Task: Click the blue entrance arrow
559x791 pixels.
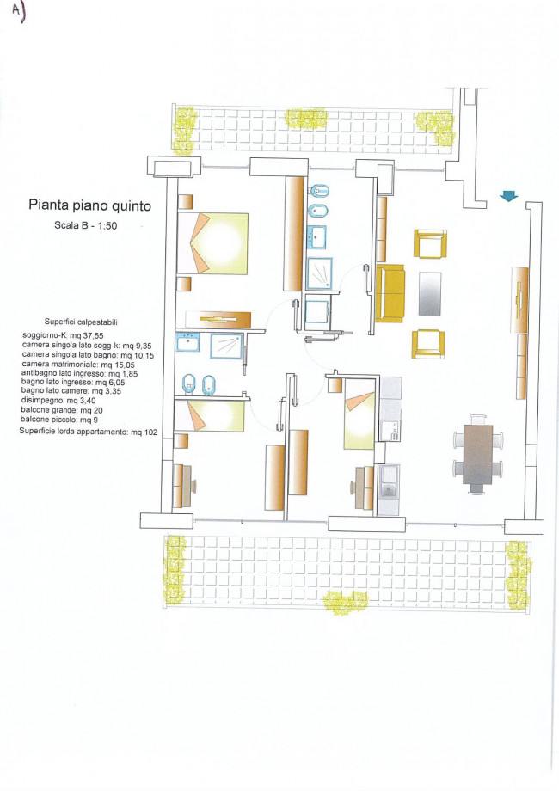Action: click(509, 196)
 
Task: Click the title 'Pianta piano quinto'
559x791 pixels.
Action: click(89, 205)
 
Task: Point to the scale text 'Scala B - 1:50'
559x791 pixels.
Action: click(86, 225)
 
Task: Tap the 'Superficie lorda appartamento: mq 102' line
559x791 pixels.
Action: click(89, 432)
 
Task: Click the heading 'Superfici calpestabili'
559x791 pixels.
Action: click(81, 322)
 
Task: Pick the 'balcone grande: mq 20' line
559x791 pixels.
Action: click(62, 410)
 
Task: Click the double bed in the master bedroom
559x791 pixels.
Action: click(213, 243)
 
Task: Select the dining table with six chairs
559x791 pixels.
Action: click(478, 454)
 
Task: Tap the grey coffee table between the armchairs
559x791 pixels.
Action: click(430, 294)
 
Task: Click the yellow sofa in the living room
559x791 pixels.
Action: click(390, 293)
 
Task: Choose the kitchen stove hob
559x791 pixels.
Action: click(390, 430)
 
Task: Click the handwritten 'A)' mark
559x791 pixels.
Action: click(18, 13)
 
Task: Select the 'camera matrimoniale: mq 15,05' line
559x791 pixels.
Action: click(78, 364)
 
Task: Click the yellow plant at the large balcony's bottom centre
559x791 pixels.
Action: click(346, 603)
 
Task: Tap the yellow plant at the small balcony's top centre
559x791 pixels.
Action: click(306, 119)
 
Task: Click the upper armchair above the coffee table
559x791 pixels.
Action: click(430, 243)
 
